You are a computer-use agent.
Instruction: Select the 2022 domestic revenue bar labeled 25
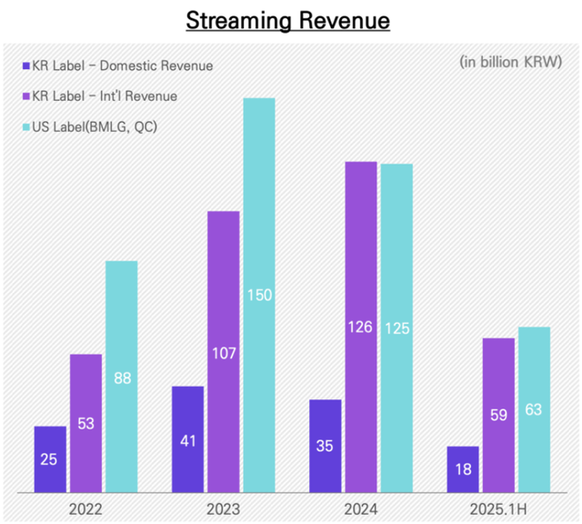50,459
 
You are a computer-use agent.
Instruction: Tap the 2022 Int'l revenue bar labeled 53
86,423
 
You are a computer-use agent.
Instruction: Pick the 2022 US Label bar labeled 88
122,377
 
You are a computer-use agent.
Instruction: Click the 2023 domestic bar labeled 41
187,439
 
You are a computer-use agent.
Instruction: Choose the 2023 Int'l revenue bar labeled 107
224,352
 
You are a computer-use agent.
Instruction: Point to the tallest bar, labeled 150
259,295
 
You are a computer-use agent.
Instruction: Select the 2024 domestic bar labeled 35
326,446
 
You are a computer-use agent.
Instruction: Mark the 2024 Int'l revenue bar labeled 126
361,327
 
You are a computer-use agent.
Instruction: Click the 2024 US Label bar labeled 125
396,328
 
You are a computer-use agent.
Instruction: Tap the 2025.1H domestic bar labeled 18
463,469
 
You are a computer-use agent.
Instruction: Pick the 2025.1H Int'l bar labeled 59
498,415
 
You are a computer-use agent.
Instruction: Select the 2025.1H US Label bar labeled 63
534,409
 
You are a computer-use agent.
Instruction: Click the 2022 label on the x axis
86,509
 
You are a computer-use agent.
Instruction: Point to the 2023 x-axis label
224,509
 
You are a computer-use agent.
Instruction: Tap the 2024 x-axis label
361,509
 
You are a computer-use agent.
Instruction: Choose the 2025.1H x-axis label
498,509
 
